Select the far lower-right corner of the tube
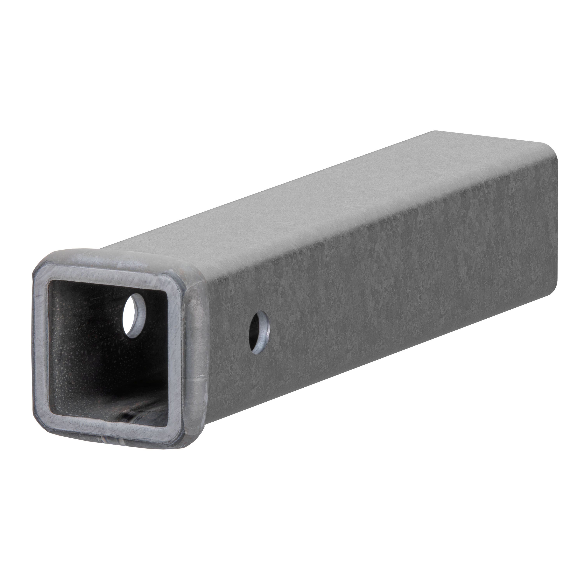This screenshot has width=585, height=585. point(557,291)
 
